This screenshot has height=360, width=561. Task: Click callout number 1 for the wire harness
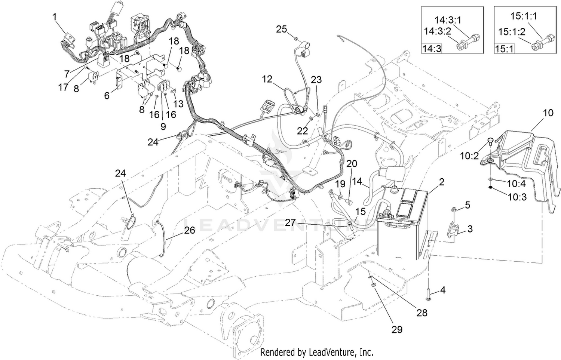click(54, 17)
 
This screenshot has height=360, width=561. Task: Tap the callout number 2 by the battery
click(442, 182)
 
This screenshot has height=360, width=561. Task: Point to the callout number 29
click(397, 329)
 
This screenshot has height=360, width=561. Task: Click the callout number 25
click(282, 29)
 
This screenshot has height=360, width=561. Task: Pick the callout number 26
click(190, 230)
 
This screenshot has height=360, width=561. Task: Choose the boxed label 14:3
click(432, 49)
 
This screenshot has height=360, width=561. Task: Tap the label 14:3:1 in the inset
click(448, 20)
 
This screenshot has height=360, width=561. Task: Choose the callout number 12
click(267, 79)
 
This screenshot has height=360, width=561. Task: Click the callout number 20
click(352, 164)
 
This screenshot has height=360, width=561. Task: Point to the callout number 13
click(179, 104)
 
